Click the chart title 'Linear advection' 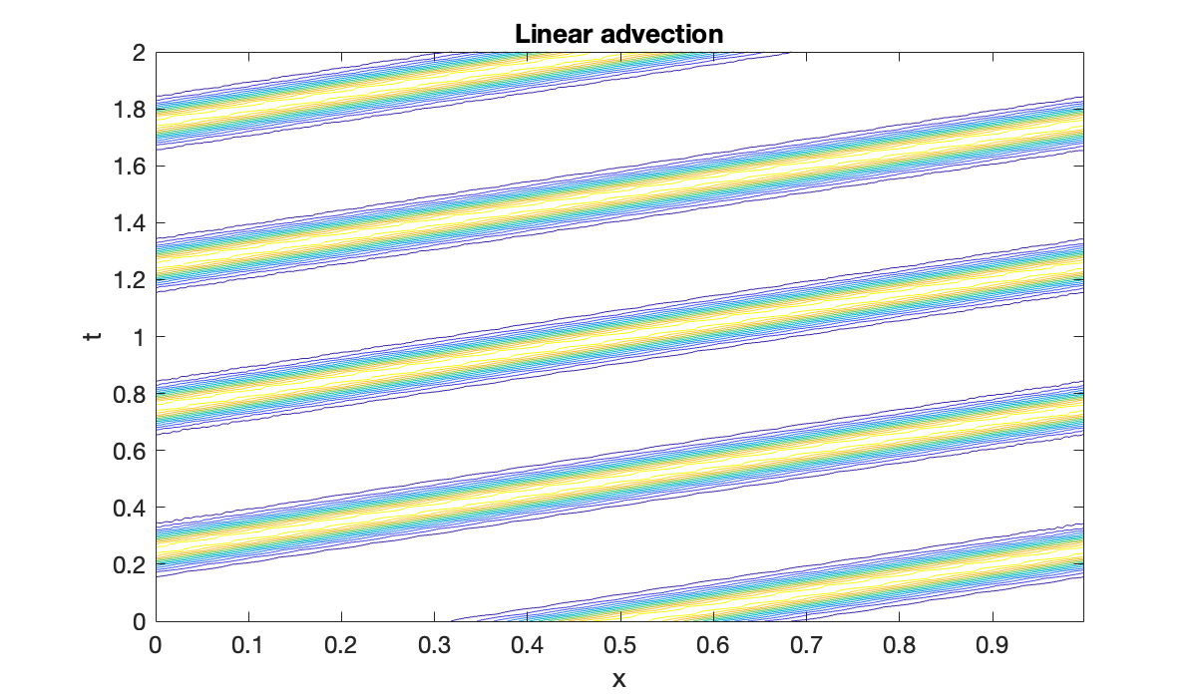[618, 33]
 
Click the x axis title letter [618, 679]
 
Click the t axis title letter [93, 336]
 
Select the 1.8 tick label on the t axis [130, 109]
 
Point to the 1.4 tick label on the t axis [130, 222]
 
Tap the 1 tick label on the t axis [139, 337]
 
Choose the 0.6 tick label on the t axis [130, 451]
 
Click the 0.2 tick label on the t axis [130, 564]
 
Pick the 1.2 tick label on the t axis [130, 280]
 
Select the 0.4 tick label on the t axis [130, 508]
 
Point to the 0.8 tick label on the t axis [130, 394]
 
